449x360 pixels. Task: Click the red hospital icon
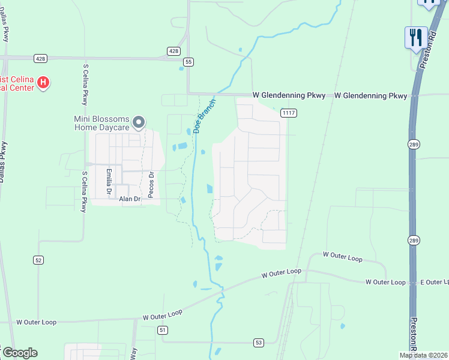43,83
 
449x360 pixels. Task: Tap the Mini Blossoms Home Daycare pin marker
139,123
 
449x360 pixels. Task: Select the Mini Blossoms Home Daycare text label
102,123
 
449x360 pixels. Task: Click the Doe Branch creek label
205,115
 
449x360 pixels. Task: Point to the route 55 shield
189,62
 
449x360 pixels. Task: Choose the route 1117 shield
289,112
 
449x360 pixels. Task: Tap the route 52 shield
38,259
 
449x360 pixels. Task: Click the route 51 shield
163,330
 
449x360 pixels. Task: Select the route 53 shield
258,343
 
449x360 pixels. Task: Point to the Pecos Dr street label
151,185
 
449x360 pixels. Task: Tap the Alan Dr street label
129,199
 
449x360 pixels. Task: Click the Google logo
20,353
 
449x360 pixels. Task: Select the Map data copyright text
423,355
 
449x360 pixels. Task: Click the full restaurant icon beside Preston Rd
416,37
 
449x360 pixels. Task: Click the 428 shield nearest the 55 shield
173,52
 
